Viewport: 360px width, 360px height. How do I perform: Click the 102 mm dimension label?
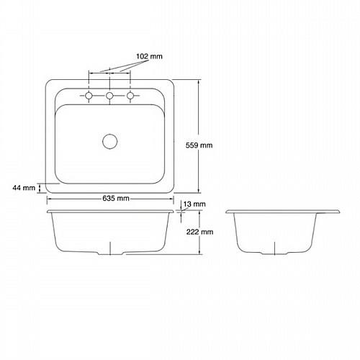click(x=149, y=57)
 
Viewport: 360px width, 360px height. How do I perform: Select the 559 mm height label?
click(x=199, y=145)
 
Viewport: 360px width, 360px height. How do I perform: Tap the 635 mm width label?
click(x=116, y=199)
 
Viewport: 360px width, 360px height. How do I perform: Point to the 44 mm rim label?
click(x=24, y=188)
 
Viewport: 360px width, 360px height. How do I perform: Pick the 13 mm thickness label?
click(x=194, y=204)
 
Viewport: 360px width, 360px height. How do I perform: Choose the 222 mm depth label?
click(x=200, y=232)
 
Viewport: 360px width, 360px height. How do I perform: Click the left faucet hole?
click(x=89, y=96)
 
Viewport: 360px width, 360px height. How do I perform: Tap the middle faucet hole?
click(x=109, y=96)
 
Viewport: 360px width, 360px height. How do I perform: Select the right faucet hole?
click(x=130, y=96)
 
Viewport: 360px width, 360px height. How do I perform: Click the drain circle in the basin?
click(x=110, y=141)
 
